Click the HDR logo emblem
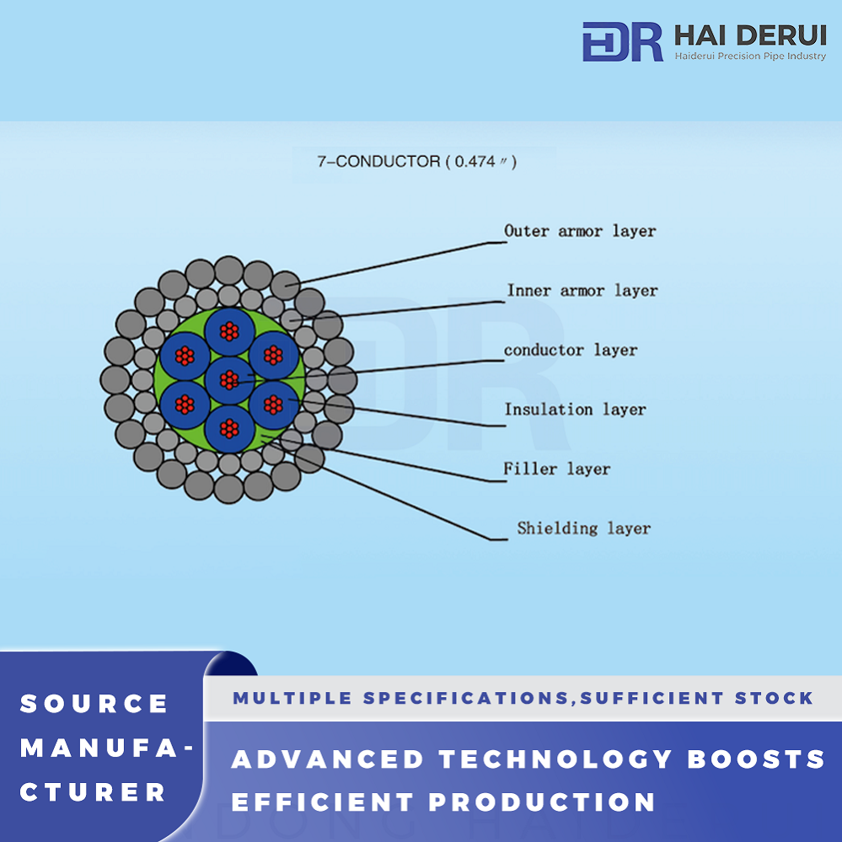point(622,41)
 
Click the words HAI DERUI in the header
point(750,36)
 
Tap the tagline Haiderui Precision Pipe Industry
point(750,56)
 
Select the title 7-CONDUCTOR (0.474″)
point(416,161)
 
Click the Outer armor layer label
point(580,231)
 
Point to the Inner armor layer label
point(582,291)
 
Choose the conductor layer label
point(571,350)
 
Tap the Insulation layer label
point(575,409)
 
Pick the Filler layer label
point(556,469)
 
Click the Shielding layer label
point(584,528)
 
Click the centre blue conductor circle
point(229,379)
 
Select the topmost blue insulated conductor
point(229,331)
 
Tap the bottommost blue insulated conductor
point(229,428)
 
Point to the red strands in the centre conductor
point(229,379)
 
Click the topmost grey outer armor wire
point(229,271)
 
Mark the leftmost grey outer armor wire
point(115,379)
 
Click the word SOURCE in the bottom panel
point(94,704)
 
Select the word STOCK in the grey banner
point(774,698)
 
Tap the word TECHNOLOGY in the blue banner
point(555,759)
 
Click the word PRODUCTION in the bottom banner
point(542,802)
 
